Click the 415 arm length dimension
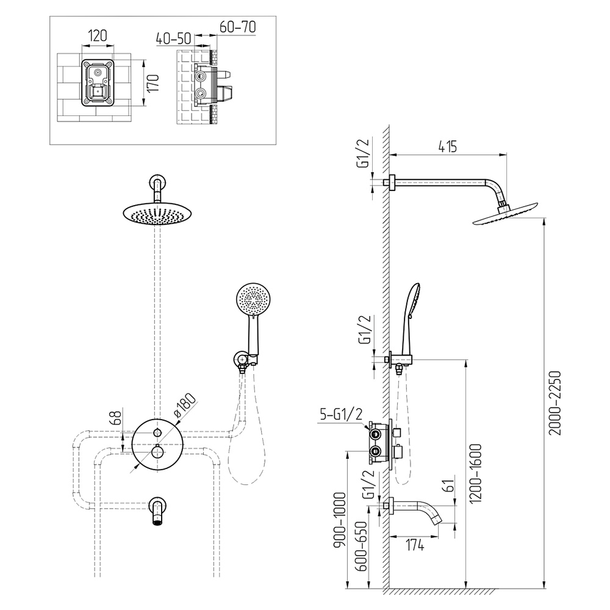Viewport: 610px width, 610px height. [447, 146]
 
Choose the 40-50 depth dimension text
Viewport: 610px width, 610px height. [173, 38]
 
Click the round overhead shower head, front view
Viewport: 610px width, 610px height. [157, 213]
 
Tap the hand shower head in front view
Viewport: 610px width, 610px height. [252, 300]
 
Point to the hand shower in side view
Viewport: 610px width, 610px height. [409, 317]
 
